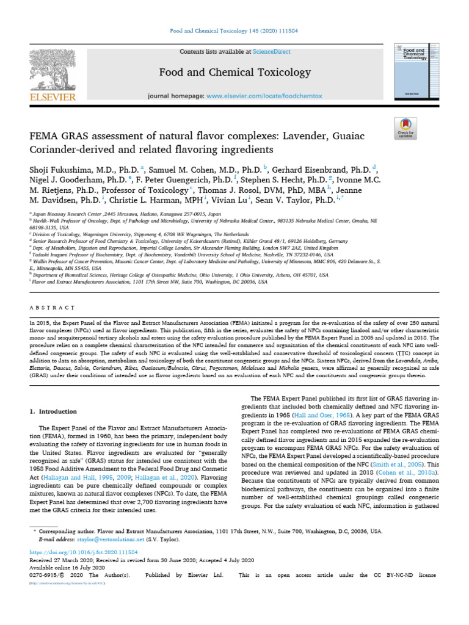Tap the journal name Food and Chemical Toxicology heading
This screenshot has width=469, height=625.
(x=235, y=73)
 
